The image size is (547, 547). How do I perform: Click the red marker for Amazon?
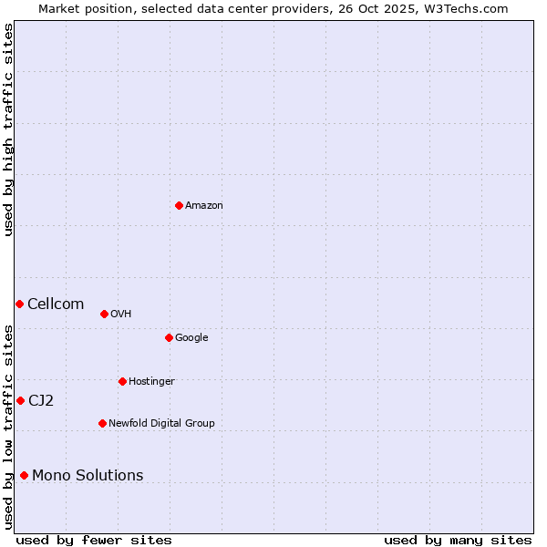pos(179,205)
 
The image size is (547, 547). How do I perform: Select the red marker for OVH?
pos(104,314)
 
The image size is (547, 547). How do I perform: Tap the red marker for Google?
pos(169,337)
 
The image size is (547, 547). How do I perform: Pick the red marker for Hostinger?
pos(122,381)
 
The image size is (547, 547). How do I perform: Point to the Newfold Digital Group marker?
pos(102,423)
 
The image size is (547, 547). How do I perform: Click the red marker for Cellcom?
pos(19,304)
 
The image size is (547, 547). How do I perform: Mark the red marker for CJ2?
pos(20,400)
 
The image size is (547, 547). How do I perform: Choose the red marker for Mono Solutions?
pos(24,475)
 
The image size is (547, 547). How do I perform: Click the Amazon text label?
pos(204,206)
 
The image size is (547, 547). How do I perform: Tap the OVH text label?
pos(121,315)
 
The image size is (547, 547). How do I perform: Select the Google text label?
pos(191,338)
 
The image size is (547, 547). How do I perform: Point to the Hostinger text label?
pos(151,381)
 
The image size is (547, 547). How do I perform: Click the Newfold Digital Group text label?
pos(161,423)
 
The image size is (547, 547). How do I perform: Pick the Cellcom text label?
pos(56,304)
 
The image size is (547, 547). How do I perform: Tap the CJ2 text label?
pos(41,401)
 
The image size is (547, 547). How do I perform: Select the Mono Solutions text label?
pos(88,476)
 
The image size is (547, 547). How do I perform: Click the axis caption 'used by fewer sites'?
pos(94,541)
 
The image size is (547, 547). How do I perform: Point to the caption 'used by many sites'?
pos(458,541)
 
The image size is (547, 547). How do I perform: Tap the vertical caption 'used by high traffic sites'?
pos(9,129)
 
